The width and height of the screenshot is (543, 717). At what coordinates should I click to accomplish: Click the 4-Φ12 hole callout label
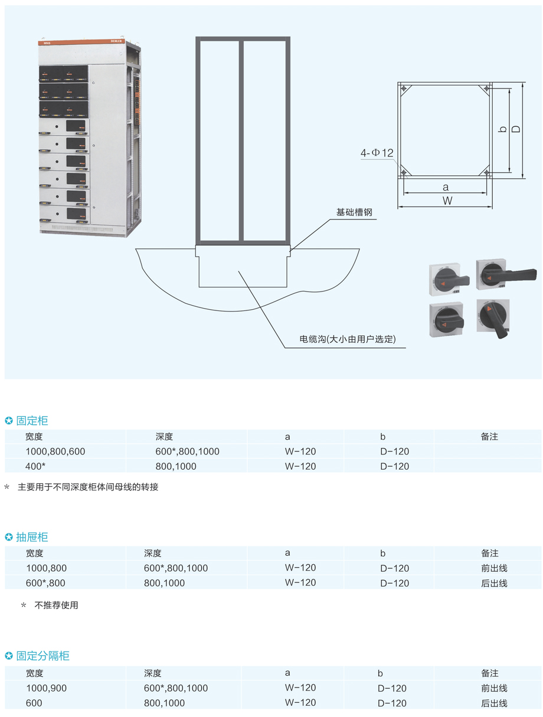tap(377, 153)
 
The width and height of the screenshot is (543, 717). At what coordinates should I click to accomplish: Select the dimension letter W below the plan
tap(447, 201)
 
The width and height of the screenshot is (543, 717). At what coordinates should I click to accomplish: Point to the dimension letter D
tap(516, 129)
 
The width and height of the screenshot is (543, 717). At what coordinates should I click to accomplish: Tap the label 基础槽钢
tap(354, 212)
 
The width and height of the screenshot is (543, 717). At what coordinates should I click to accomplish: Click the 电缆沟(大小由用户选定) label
tap(347, 339)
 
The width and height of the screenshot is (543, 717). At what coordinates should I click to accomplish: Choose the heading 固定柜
tap(32, 420)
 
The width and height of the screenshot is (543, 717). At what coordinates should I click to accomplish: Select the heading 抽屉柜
tap(32, 537)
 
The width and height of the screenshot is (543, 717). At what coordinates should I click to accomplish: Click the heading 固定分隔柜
tap(43, 656)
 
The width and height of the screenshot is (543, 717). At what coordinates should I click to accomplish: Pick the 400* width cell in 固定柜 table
tap(35, 466)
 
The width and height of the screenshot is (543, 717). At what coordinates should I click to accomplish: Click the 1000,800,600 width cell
tap(55, 451)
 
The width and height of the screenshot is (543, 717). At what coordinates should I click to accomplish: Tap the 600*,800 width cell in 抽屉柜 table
tap(45, 582)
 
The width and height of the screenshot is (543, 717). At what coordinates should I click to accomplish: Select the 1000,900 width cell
tap(47, 688)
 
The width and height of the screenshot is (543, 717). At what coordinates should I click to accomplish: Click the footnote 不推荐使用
tap(56, 605)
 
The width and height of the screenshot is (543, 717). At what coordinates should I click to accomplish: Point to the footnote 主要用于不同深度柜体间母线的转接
tap(88, 487)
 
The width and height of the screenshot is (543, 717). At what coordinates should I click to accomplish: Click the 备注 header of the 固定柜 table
tap(489, 437)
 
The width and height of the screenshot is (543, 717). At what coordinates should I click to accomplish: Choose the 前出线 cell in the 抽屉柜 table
tap(494, 568)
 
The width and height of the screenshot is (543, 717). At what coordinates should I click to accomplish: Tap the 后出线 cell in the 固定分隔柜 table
tap(494, 703)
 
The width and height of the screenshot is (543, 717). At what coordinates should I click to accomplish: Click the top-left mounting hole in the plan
tap(404, 89)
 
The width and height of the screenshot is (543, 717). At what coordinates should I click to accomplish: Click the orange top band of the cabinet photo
tap(81, 42)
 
